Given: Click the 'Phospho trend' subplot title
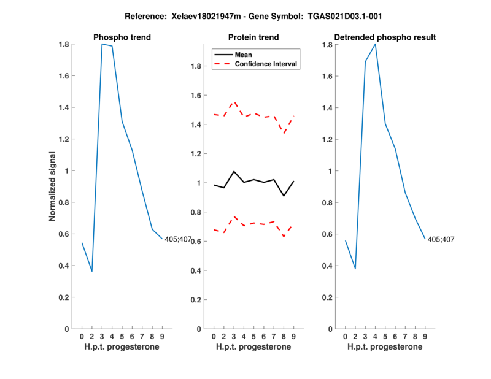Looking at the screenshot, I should [122, 37].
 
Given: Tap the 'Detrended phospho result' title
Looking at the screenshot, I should [385, 37].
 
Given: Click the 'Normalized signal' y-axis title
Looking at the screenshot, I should [53, 186].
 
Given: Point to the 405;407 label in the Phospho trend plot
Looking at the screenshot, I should [178, 239].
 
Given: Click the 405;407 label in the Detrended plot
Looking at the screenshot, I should [441, 239].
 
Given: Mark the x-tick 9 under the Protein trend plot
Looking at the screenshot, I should [294, 337].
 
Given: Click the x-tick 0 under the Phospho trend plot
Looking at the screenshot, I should [82, 337].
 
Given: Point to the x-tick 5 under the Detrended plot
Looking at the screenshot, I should [385, 337].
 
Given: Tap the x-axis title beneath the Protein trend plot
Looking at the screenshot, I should [253, 346].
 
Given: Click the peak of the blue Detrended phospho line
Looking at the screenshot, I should [375, 44].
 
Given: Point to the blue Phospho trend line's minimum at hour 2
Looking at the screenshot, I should [92, 271].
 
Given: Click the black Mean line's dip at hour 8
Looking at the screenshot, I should [284, 196].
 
